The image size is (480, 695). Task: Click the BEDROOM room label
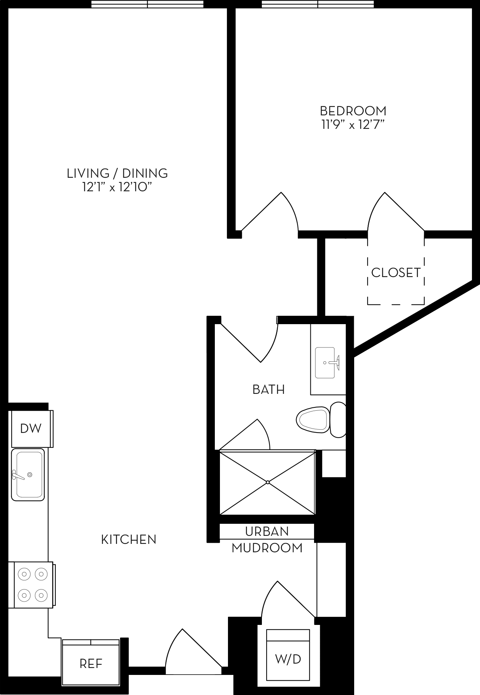click(x=353, y=111)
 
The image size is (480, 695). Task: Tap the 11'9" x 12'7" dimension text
click(x=353, y=125)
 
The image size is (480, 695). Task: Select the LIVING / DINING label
click(x=117, y=173)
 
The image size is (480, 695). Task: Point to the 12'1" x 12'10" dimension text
click(x=117, y=187)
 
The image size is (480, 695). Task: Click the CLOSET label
click(x=396, y=273)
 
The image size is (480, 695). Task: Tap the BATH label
click(x=268, y=389)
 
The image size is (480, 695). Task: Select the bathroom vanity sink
click(x=325, y=362)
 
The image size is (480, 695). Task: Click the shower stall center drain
click(x=268, y=482)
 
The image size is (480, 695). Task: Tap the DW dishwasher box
click(x=31, y=429)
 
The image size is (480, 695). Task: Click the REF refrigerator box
click(x=91, y=664)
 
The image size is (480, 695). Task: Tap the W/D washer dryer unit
click(x=288, y=659)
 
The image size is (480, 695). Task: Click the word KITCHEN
click(x=128, y=540)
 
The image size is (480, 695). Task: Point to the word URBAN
click(x=267, y=531)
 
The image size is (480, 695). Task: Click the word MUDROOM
click(x=267, y=548)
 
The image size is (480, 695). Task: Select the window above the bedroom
click(x=318, y=4)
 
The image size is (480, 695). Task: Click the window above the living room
click(x=147, y=4)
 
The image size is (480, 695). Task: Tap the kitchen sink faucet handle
click(x=17, y=475)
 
